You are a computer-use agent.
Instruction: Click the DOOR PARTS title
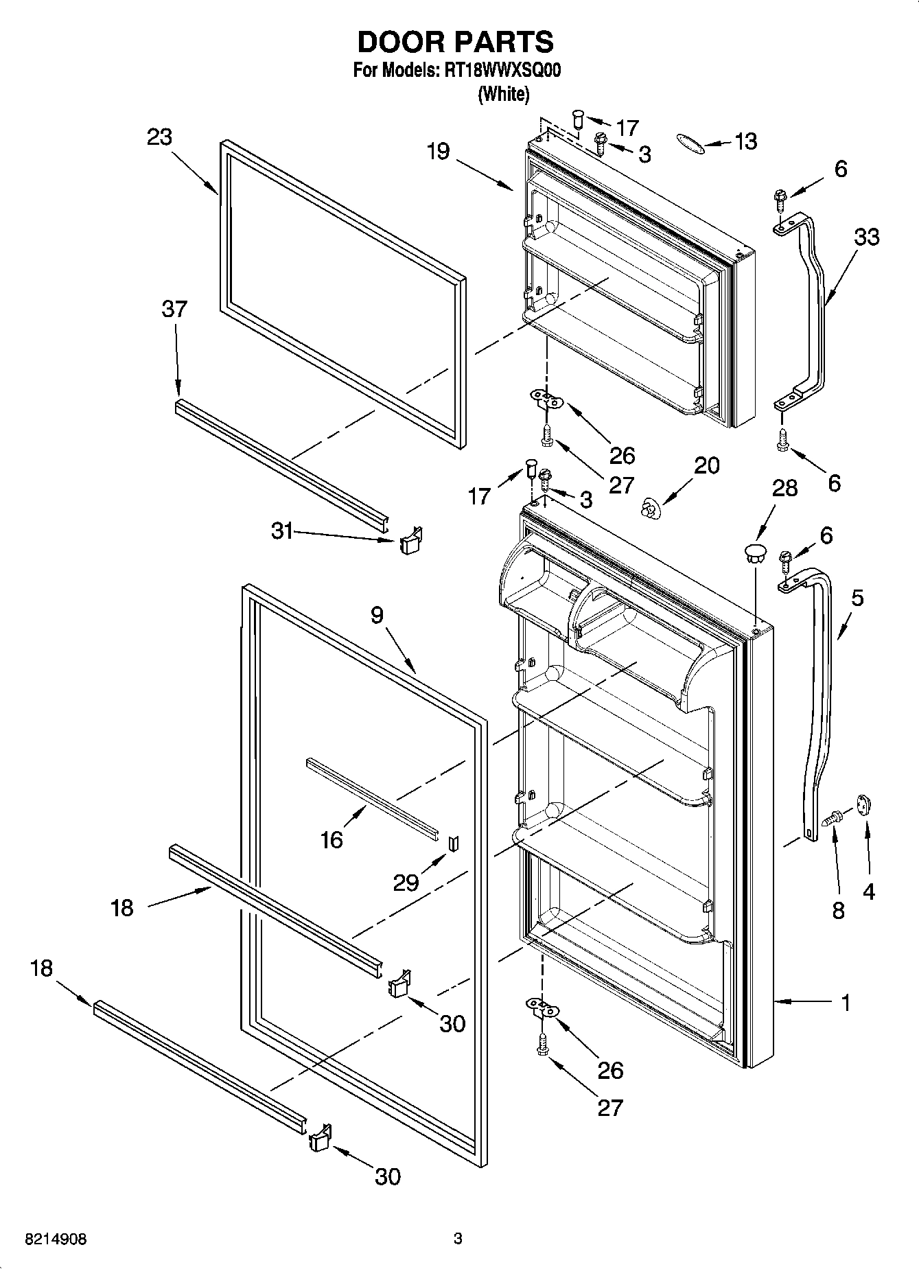point(455,42)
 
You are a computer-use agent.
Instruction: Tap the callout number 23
point(159,137)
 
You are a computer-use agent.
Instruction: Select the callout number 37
point(174,309)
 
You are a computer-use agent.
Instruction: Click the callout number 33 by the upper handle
point(867,237)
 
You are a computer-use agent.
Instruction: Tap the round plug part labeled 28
point(755,552)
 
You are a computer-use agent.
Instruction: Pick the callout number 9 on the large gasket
point(377,616)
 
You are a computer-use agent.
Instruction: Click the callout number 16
point(331,839)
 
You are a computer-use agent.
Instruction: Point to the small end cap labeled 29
point(453,843)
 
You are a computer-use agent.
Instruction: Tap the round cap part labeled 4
point(863,805)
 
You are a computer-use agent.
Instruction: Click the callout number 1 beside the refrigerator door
point(846,1003)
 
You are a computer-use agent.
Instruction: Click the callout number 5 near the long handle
point(857,598)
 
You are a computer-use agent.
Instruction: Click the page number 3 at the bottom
point(458,1239)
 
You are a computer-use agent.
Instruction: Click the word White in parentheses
point(503,94)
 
